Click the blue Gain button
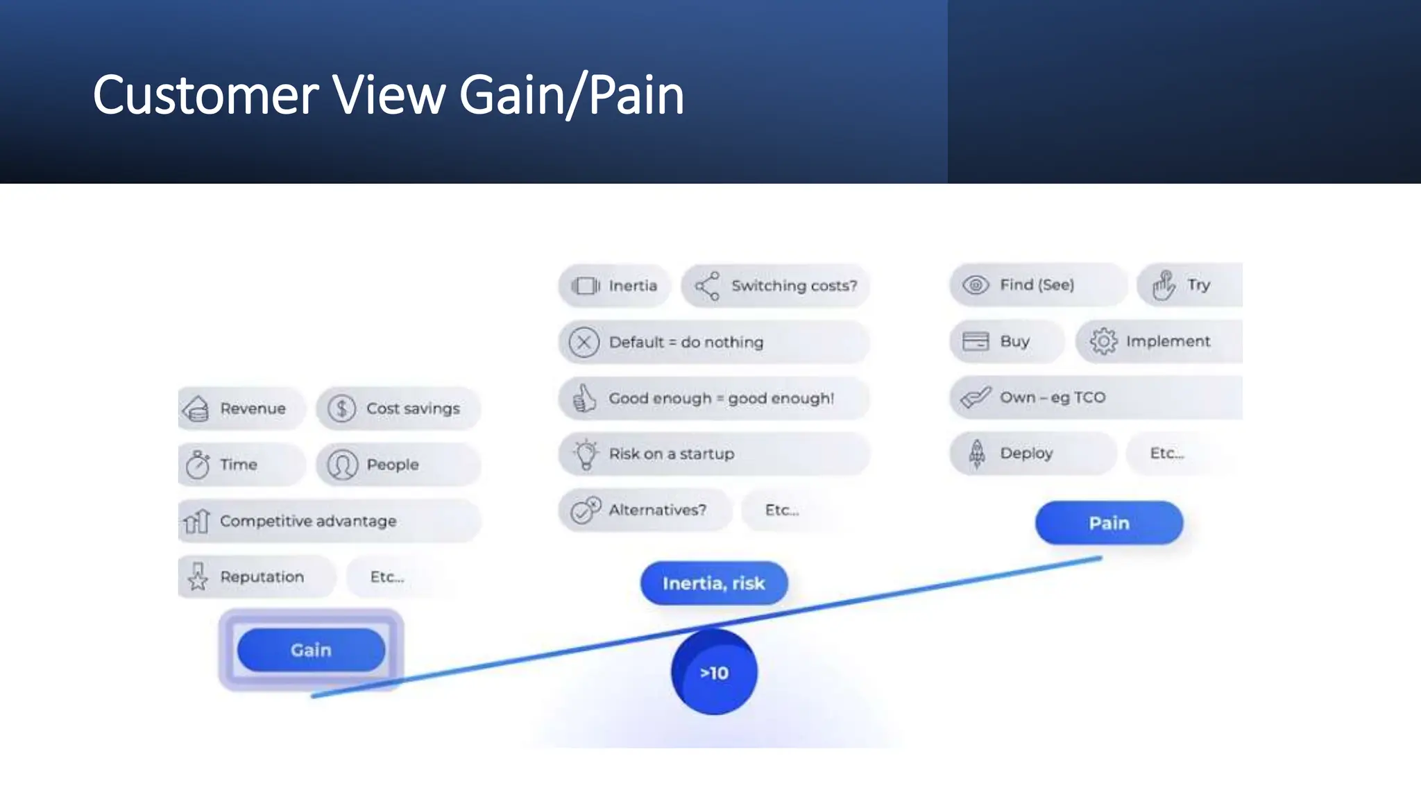point(311,650)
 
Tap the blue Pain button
point(1109,523)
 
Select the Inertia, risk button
point(713,583)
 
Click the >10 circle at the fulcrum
point(714,672)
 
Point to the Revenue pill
point(241,409)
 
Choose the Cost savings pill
point(398,409)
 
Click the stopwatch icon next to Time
point(198,464)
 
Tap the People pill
point(398,465)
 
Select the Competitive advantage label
point(308,521)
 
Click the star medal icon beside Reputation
point(198,576)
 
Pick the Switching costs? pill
point(775,286)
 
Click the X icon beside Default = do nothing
point(584,342)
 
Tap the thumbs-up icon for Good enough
point(584,398)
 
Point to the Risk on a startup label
point(671,454)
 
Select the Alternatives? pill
point(645,510)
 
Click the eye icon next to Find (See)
point(976,284)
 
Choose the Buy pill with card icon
point(1005,341)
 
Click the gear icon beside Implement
point(1103,341)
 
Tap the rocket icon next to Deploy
point(977,453)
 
